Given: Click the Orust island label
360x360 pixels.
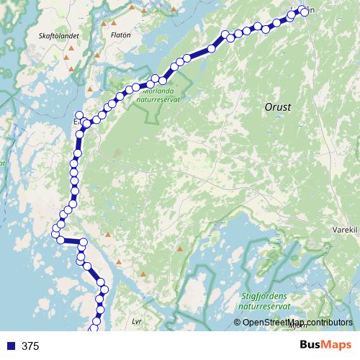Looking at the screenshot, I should (277, 107).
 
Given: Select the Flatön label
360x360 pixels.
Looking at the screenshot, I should (120, 34).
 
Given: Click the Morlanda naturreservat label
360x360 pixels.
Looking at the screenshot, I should (160, 96).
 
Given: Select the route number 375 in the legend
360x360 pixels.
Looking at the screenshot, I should (30, 346).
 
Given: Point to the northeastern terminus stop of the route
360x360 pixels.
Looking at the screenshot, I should (304, 12).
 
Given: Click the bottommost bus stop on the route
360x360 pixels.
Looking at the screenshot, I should (92, 330).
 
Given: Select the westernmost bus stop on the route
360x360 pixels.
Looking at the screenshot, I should (55, 232).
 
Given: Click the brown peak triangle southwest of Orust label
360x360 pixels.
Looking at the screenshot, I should (118, 152).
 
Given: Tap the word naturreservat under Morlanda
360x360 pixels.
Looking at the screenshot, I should (160, 102).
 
